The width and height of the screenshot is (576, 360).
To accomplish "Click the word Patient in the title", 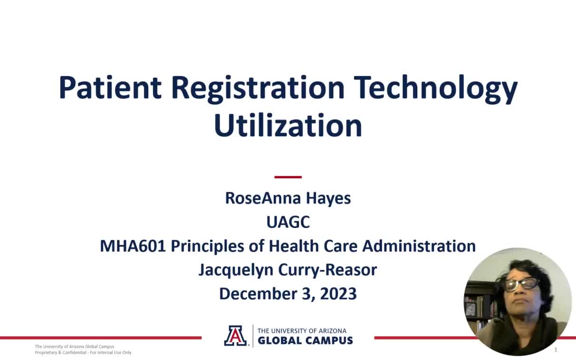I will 110,88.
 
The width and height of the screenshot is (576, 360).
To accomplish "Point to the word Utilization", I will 288,125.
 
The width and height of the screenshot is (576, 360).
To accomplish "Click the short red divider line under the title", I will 288,177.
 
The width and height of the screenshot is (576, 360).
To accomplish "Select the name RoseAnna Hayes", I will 288,198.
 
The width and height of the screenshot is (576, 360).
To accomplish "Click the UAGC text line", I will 288,222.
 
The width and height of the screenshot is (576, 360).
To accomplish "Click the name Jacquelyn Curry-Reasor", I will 288,270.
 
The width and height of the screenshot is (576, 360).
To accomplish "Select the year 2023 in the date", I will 338,294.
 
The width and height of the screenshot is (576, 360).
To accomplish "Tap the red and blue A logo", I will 236,336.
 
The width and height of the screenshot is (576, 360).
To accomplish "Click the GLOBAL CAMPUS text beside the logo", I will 305,341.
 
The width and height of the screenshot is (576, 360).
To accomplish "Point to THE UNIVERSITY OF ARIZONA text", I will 302,331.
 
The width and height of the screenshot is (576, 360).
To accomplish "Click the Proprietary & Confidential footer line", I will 83,352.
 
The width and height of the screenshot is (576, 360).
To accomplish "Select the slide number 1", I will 556,350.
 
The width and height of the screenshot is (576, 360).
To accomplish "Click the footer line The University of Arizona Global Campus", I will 75,347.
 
